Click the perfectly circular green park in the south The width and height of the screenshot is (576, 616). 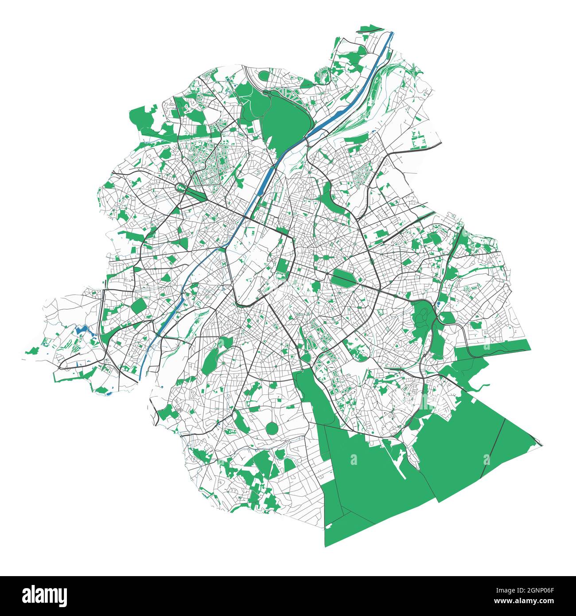click(272, 429)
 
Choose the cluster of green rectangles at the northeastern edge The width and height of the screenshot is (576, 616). click(418, 138)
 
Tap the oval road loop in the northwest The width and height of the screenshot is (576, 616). click(183, 188)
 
